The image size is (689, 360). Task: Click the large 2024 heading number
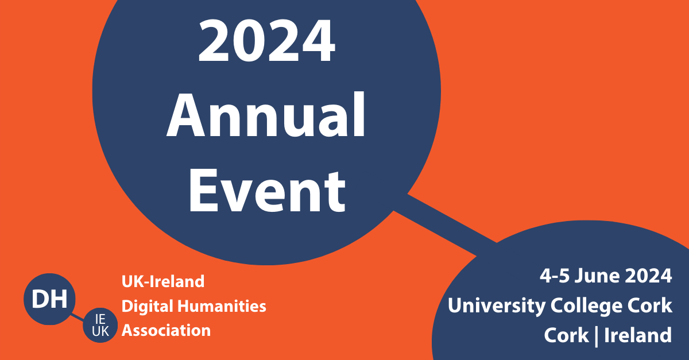[x=266, y=40]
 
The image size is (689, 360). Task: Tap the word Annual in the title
[x=266, y=115]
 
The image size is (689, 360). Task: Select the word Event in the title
[x=267, y=191]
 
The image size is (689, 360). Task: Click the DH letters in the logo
[x=49, y=299]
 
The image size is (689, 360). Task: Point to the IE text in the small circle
[x=100, y=319]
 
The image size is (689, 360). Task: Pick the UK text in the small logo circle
[x=100, y=331]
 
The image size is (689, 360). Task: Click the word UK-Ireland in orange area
[x=163, y=281]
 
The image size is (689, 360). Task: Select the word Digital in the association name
[x=148, y=307]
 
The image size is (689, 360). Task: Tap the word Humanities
[x=222, y=307]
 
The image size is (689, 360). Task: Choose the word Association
[x=166, y=331]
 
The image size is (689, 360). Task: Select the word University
[x=497, y=306]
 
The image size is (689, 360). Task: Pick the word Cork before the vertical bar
[x=566, y=335]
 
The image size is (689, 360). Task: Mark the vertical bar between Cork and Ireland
[x=597, y=336]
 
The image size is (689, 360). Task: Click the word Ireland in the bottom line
[x=638, y=335]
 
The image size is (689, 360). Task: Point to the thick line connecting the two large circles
[x=445, y=225]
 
